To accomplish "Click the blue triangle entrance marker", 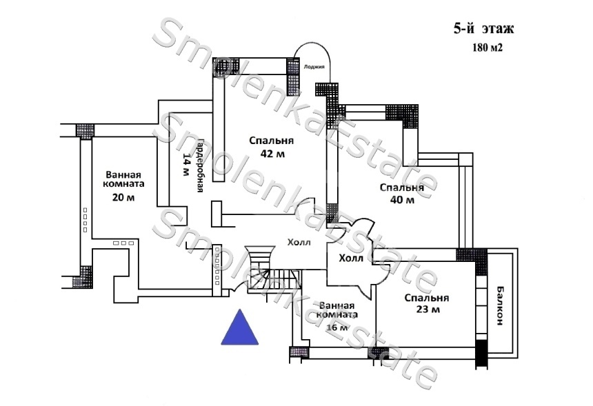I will point(239,329).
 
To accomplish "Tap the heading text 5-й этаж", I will point(483,29).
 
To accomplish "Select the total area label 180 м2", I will point(487,48).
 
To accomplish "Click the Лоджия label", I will point(314,67).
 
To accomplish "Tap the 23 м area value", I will point(426,310).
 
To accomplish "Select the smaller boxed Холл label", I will point(351,259).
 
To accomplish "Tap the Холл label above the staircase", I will point(299,242).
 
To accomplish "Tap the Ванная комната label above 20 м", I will point(125,179).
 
